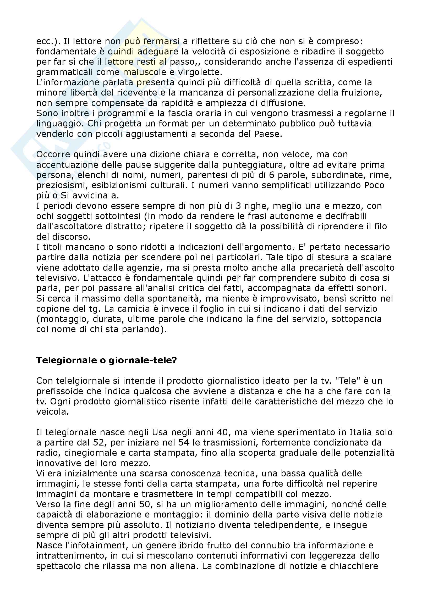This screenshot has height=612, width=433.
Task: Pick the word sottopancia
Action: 357,319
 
